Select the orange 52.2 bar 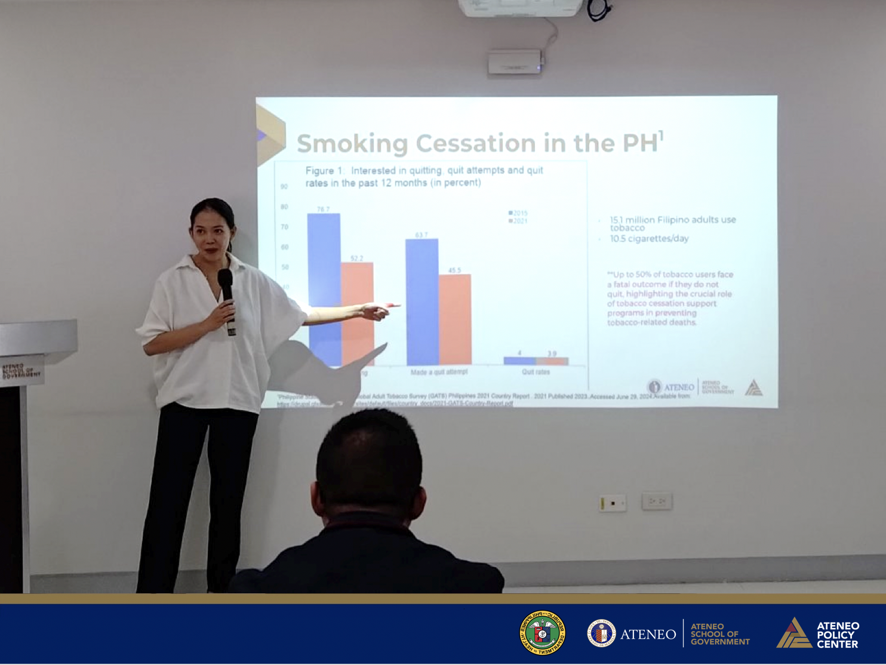pyautogui.click(x=357, y=298)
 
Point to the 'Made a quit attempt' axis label pyautogui.click(x=439, y=372)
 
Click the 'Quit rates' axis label pyautogui.click(x=536, y=372)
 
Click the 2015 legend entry pyautogui.click(x=518, y=213)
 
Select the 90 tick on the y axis pyautogui.click(x=284, y=187)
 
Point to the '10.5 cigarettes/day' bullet pyautogui.click(x=649, y=239)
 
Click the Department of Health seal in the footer pyautogui.click(x=542, y=633)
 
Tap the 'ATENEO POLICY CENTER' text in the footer pyautogui.click(x=837, y=635)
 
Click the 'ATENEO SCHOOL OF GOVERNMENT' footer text pyautogui.click(x=719, y=634)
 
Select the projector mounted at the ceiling pyautogui.click(x=519, y=7)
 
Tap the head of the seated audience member pyautogui.click(x=368, y=460)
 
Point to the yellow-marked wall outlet pyautogui.click(x=613, y=503)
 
